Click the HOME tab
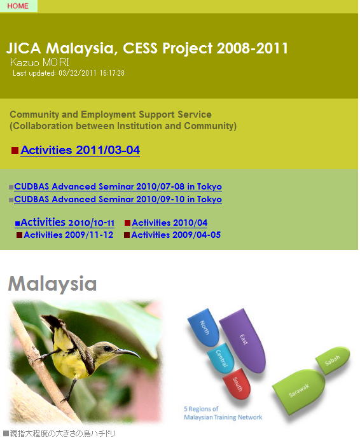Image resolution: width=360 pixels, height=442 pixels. tap(18, 6)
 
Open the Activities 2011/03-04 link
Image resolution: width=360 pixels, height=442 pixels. tap(80, 150)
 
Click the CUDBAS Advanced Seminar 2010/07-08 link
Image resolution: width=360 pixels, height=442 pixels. tap(118, 186)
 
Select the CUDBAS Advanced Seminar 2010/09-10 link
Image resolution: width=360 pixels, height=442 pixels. tap(118, 199)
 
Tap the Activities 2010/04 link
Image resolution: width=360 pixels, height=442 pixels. tap(170, 223)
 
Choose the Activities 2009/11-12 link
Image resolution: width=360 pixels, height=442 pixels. tap(69, 235)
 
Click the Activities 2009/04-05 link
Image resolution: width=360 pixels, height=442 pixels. tap(176, 235)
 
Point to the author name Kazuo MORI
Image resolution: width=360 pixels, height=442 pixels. tap(39, 62)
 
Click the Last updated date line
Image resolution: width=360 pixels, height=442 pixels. tap(69, 73)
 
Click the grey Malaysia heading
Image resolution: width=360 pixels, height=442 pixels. tap(52, 283)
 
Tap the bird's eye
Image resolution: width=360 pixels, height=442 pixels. tap(108, 348)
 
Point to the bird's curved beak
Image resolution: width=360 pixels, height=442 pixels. tap(128, 352)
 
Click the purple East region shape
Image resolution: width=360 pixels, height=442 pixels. tap(243, 340)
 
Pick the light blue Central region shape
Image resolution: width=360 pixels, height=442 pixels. tap(221, 357)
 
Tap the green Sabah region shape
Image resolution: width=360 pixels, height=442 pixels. tap(333, 360)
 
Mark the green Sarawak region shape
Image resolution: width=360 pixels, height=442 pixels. tap(299, 391)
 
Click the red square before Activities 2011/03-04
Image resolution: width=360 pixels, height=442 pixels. tap(15, 150)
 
